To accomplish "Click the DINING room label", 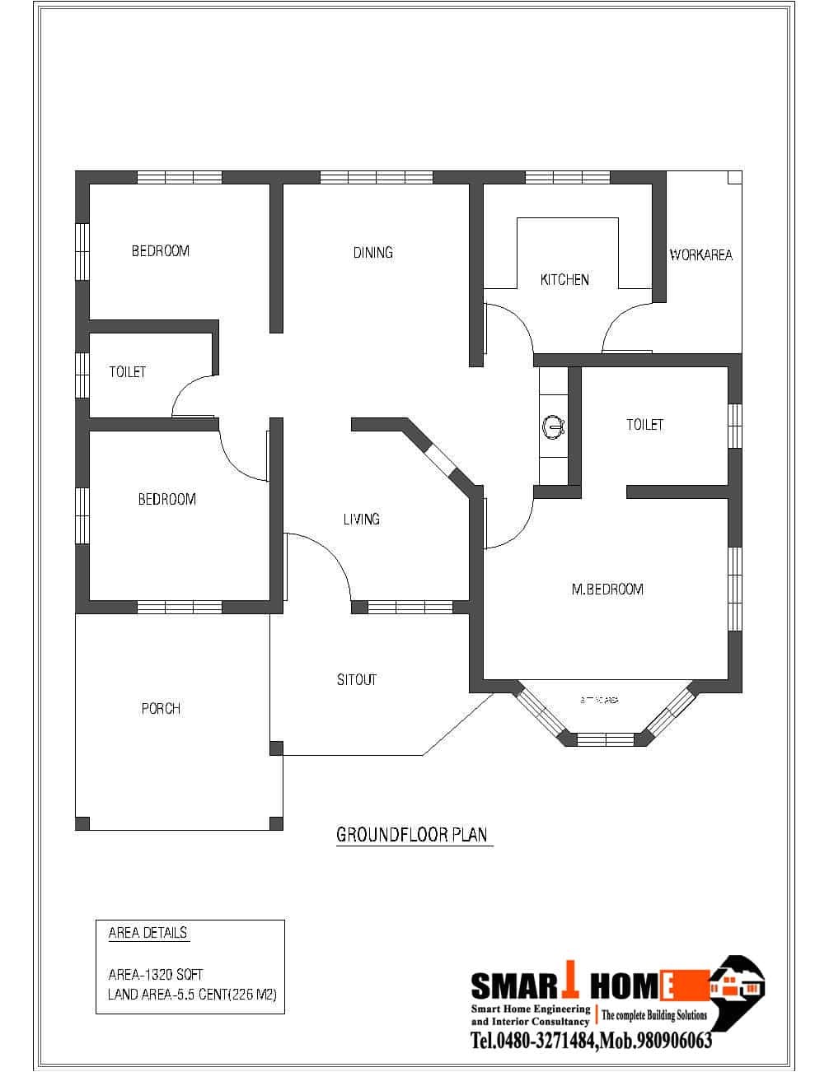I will click(372, 253).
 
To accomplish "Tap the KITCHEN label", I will click(564, 280).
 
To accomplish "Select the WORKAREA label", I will click(700, 255).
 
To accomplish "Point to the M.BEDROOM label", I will click(607, 590).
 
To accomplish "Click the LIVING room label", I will click(361, 520).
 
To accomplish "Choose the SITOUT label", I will click(356, 680).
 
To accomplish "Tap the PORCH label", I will click(161, 709).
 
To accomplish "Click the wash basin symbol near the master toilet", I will click(552, 426).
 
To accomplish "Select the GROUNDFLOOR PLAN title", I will click(412, 835).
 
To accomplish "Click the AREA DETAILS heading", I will click(148, 933).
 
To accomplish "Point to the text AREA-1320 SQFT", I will click(156, 974).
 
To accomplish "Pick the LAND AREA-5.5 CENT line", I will click(192, 995).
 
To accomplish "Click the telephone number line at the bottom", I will click(591, 1041).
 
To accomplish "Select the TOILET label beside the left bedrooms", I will click(127, 372).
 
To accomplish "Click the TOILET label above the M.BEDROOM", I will click(644, 425).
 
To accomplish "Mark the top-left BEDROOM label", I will click(160, 251).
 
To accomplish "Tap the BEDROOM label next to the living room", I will click(166, 500).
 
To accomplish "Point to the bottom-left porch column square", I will click(82, 823).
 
